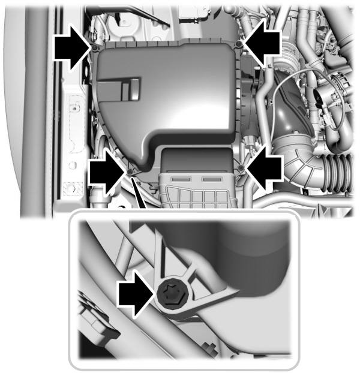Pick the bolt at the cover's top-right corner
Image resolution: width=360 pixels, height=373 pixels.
[x=239, y=46]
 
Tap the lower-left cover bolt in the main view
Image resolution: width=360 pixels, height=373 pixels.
[x=130, y=172]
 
